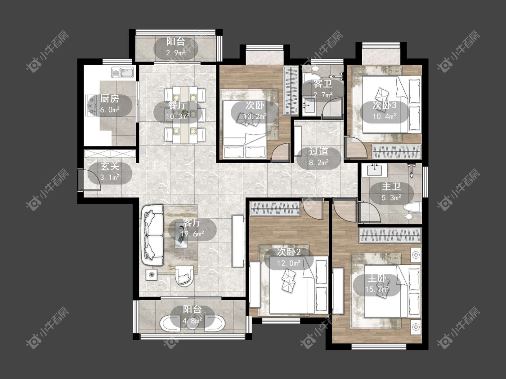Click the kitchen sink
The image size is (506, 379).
123,72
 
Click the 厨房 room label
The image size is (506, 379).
109,99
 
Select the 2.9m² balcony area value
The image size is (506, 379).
176,53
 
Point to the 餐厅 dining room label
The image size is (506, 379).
177,106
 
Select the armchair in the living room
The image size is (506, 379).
184,276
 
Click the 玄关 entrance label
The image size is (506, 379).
110,166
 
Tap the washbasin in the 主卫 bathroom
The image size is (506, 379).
374,170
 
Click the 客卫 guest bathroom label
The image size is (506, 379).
322,84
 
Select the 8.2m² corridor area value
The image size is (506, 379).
319,163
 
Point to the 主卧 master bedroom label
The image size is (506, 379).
376,278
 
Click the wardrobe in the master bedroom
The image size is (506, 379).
390,235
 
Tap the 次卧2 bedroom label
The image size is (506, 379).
289,252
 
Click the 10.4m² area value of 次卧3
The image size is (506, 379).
385,116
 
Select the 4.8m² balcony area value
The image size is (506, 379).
193,321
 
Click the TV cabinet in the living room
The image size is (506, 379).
238,241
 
